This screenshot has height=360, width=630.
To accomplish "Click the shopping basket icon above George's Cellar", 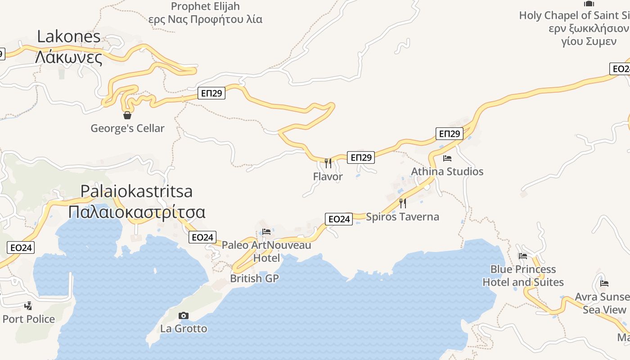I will click(127, 115).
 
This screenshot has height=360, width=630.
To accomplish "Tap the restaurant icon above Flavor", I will click(328, 163).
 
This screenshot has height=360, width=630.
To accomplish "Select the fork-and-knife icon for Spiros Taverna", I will click(402, 203).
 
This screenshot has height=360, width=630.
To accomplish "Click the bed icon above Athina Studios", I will click(447, 158).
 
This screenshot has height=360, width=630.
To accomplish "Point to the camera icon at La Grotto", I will click(184, 315).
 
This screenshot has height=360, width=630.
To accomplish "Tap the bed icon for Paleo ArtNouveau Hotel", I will click(266, 232).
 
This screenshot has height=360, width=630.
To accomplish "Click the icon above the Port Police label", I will click(28, 306).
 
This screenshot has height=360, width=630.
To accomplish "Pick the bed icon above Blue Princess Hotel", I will click(523, 256).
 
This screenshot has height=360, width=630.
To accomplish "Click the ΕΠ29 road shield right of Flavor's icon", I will click(361, 157).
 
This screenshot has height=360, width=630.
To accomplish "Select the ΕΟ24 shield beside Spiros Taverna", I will click(339, 219).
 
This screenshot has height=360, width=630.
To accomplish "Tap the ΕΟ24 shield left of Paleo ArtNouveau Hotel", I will click(202, 237).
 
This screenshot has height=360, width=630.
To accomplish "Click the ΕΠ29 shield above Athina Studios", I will click(450, 134).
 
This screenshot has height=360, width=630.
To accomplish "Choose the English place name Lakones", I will click(69, 36).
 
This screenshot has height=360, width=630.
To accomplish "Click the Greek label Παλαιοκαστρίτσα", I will click(137, 212).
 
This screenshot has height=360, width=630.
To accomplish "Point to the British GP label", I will click(255, 279).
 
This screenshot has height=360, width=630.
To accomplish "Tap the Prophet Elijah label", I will click(205, 6).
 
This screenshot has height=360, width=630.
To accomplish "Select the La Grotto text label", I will click(184, 328).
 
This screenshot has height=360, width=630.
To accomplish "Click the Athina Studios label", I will click(447, 171).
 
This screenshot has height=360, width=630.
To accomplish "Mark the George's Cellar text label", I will click(127, 128).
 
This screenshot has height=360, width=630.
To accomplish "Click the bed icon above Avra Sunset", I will click(604, 283).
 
